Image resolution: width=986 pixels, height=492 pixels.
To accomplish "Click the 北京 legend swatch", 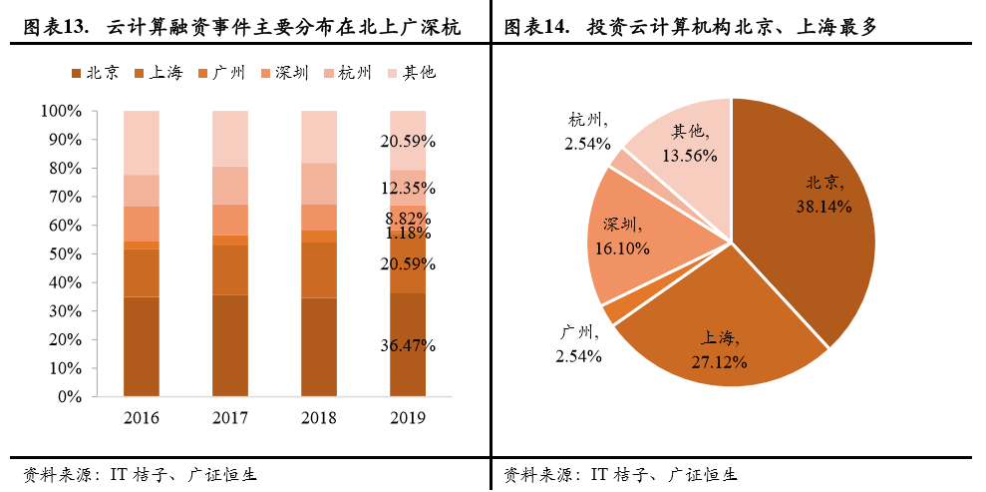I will click(x=77, y=73).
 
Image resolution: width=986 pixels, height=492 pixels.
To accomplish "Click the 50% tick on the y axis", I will click(x=66, y=253).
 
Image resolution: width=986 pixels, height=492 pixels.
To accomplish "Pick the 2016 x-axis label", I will click(x=141, y=416).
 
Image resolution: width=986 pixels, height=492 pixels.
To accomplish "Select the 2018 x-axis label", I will click(x=318, y=416).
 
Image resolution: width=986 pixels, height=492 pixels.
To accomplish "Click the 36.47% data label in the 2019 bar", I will click(x=408, y=345).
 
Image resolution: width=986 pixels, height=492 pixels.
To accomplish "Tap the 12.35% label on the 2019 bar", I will click(x=408, y=188).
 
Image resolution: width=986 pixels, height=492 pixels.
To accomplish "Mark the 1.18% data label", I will click(x=408, y=233).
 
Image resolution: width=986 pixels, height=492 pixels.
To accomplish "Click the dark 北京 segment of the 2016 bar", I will click(x=141, y=345).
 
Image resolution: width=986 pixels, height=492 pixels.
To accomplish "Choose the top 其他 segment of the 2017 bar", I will click(x=229, y=138).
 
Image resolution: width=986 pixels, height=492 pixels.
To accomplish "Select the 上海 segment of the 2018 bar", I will click(x=318, y=269).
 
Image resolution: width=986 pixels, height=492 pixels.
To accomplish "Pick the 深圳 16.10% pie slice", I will click(x=638, y=240).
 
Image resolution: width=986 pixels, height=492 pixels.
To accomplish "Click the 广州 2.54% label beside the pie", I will click(x=577, y=343).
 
